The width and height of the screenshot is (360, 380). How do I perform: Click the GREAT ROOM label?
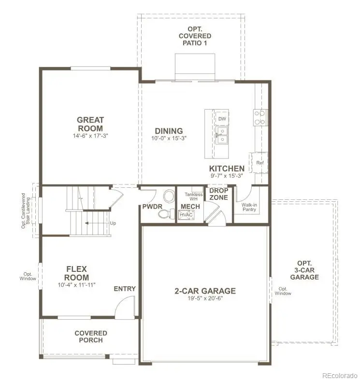point(90,124)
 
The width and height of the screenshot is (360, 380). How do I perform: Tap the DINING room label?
point(169,131)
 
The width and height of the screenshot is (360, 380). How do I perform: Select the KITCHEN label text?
point(227,169)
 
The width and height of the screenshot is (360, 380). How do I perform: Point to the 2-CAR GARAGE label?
point(205,291)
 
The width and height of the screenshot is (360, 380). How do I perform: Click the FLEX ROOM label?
point(77,273)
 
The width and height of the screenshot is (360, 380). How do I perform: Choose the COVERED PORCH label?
point(91,337)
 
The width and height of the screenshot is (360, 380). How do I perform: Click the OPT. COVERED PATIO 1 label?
point(195,36)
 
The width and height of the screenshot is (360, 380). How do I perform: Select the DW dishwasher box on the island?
point(222,119)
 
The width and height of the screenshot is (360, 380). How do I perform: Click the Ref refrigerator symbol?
point(260,163)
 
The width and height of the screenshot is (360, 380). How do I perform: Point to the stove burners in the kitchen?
point(260,118)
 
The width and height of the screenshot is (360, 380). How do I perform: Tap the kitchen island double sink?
point(222,136)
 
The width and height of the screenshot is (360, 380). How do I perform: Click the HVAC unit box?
point(187,215)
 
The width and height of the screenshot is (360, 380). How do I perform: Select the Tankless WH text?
point(193,197)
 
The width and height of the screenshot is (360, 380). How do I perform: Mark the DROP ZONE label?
point(218,194)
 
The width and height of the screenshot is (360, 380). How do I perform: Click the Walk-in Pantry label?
point(249,207)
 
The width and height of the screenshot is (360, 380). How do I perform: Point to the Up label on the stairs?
point(113,224)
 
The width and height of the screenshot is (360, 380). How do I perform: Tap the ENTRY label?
point(125,289)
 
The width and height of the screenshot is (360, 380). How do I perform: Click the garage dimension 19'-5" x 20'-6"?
point(205,298)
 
